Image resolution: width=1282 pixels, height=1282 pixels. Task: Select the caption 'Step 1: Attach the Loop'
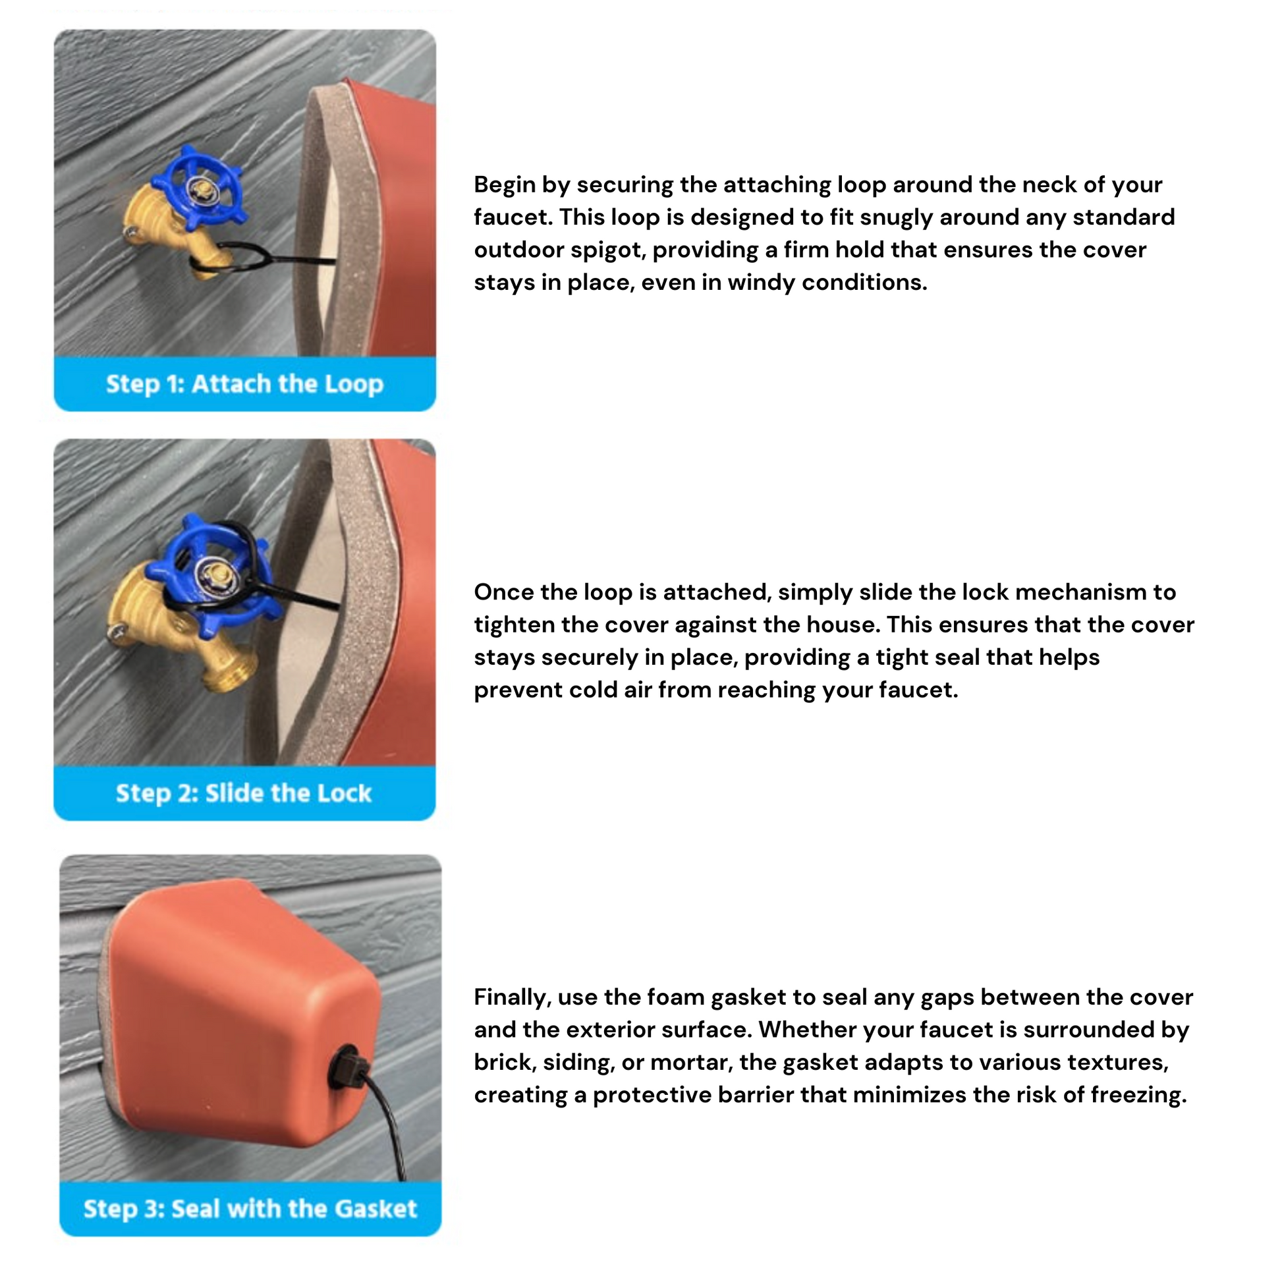(x=245, y=384)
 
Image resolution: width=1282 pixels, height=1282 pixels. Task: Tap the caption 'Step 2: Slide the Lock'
(x=244, y=793)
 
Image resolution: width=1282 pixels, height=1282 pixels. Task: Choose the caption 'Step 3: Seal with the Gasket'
(x=250, y=1208)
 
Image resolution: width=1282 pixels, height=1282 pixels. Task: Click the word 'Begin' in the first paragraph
(x=505, y=186)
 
